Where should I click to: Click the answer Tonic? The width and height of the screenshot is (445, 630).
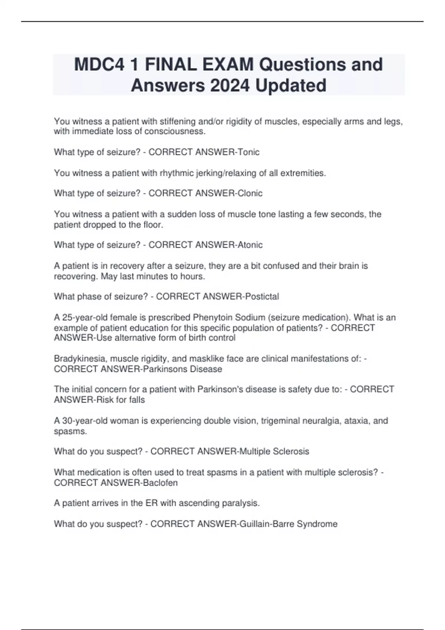(248, 152)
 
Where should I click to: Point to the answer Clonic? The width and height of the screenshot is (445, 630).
(250, 193)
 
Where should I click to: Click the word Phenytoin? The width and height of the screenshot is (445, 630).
(213, 318)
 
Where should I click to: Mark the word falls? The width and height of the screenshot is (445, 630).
(137, 400)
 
